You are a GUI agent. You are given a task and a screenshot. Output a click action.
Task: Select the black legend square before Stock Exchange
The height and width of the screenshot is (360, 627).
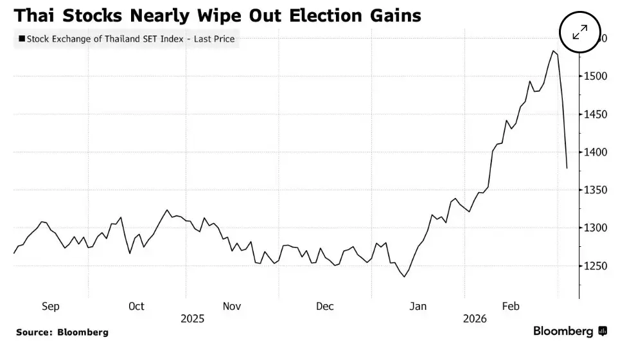click(22, 39)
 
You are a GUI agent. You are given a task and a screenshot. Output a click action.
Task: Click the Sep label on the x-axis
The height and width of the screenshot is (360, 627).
click(51, 306)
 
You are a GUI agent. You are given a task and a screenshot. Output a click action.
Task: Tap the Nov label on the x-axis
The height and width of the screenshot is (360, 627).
click(231, 306)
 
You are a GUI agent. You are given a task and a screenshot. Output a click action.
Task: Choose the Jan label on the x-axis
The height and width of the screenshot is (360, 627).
click(418, 306)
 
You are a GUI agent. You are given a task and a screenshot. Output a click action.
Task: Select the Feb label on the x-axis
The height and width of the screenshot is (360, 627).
click(511, 306)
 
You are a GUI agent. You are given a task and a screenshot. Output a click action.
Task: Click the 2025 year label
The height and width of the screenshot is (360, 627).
click(192, 318)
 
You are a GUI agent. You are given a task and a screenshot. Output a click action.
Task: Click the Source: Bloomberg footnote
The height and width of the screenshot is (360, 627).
click(62, 332)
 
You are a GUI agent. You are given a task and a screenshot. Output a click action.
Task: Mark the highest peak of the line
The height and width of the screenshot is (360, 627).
click(553, 51)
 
